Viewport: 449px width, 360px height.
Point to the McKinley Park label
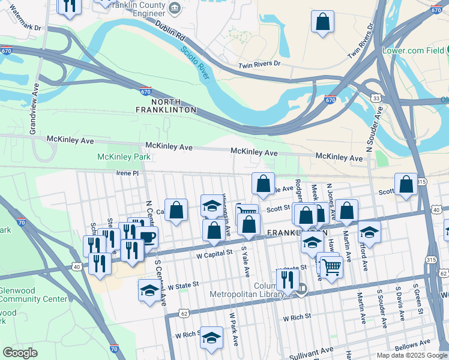pyautogui.click(x=124, y=157)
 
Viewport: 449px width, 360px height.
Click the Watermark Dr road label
pyautogui.click(x=21, y=27)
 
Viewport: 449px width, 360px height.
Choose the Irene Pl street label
pyautogui.click(x=127, y=173)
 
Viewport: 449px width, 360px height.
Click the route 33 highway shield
pyautogui.click(x=375, y=97)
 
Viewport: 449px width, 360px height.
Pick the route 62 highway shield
pyautogui.click(x=184, y=313)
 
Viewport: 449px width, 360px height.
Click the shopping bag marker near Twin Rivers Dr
pyautogui.click(x=322, y=22)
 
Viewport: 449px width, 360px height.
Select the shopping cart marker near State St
pyautogui.click(x=330, y=266)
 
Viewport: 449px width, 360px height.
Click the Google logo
pyautogui.click(x=20, y=353)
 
